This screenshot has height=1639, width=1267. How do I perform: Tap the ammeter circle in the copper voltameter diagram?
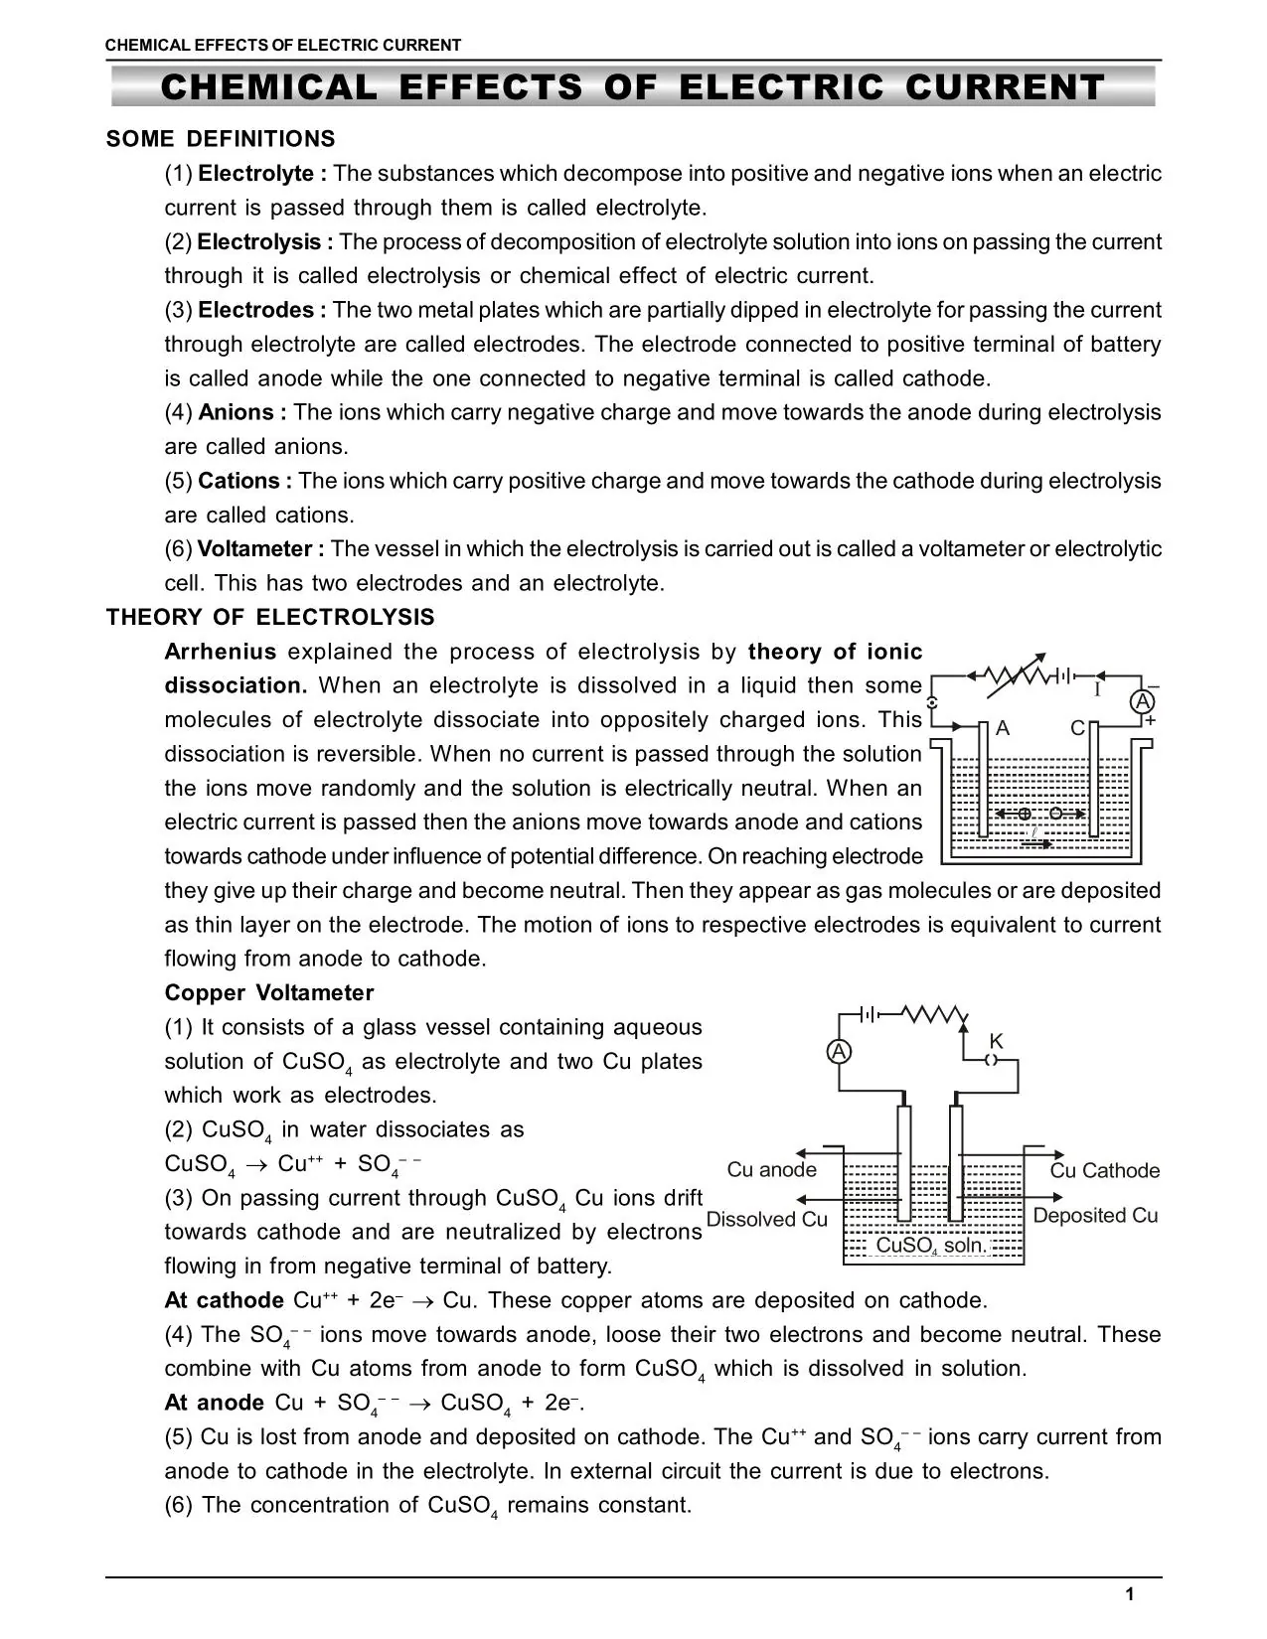pyautogui.click(x=839, y=1051)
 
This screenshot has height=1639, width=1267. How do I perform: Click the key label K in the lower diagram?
pyautogui.click(x=996, y=1040)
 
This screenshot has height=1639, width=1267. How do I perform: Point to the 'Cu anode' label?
pyautogui.click(x=771, y=1169)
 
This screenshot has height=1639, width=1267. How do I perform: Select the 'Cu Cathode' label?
pyautogui.click(x=1105, y=1170)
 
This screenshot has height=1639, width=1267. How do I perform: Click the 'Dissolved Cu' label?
pyautogui.click(x=766, y=1219)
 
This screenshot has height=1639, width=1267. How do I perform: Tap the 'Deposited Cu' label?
pyautogui.click(x=1095, y=1215)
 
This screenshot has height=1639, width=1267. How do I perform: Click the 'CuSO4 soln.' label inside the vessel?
pyautogui.click(x=932, y=1246)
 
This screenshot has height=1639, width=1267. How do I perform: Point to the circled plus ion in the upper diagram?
pyautogui.click(x=1025, y=814)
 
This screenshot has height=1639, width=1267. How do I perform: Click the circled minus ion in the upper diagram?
pyautogui.click(x=1055, y=814)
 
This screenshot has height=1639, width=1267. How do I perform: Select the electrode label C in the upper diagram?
pyautogui.click(x=1077, y=728)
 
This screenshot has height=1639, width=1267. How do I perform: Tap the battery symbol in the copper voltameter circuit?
pyautogui.click(x=868, y=1014)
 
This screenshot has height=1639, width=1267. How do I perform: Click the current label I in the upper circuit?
pyautogui.click(x=1097, y=689)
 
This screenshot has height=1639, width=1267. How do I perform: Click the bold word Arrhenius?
pyautogui.click(x=221, y=652)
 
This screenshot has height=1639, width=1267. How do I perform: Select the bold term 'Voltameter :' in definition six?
pyautogui.click(x=260, y=549)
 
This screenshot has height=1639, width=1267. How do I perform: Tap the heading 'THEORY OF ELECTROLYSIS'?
pyautogui.click(x=270, y=618)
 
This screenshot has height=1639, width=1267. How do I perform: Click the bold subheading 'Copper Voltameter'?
pyautogui.click(x=269, y=993)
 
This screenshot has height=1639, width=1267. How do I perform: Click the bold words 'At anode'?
pyautogui.click(x=214, y=1403)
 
